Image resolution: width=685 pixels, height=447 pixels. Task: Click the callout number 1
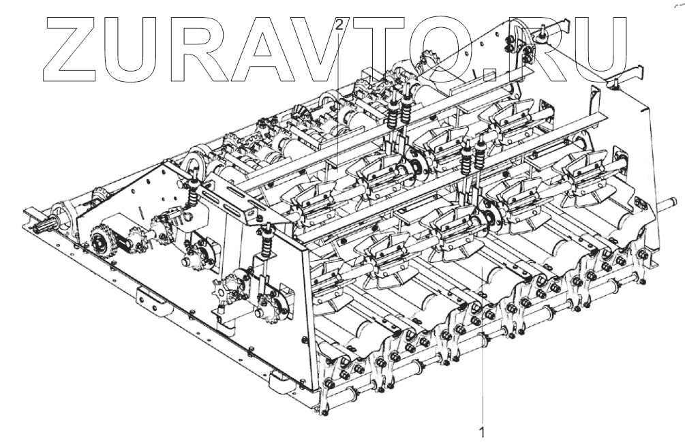tap(483, 431)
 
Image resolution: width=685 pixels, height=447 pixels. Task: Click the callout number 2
tap(339, 25)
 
